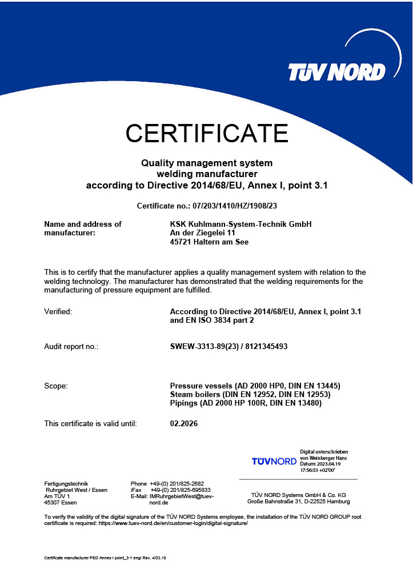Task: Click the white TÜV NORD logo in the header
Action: (337, 73)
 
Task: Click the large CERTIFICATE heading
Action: (207, 133)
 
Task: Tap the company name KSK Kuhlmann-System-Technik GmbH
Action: (241, 225)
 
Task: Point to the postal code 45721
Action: (182, 242)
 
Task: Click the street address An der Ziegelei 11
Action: (203, 233)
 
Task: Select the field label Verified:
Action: (58, 312)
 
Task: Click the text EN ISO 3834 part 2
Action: (212, 320)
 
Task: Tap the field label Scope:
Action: (56, 386)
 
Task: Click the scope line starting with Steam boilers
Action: (250, 395)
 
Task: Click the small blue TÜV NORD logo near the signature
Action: (274, 461)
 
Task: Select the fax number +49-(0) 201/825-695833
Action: (181, 490)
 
